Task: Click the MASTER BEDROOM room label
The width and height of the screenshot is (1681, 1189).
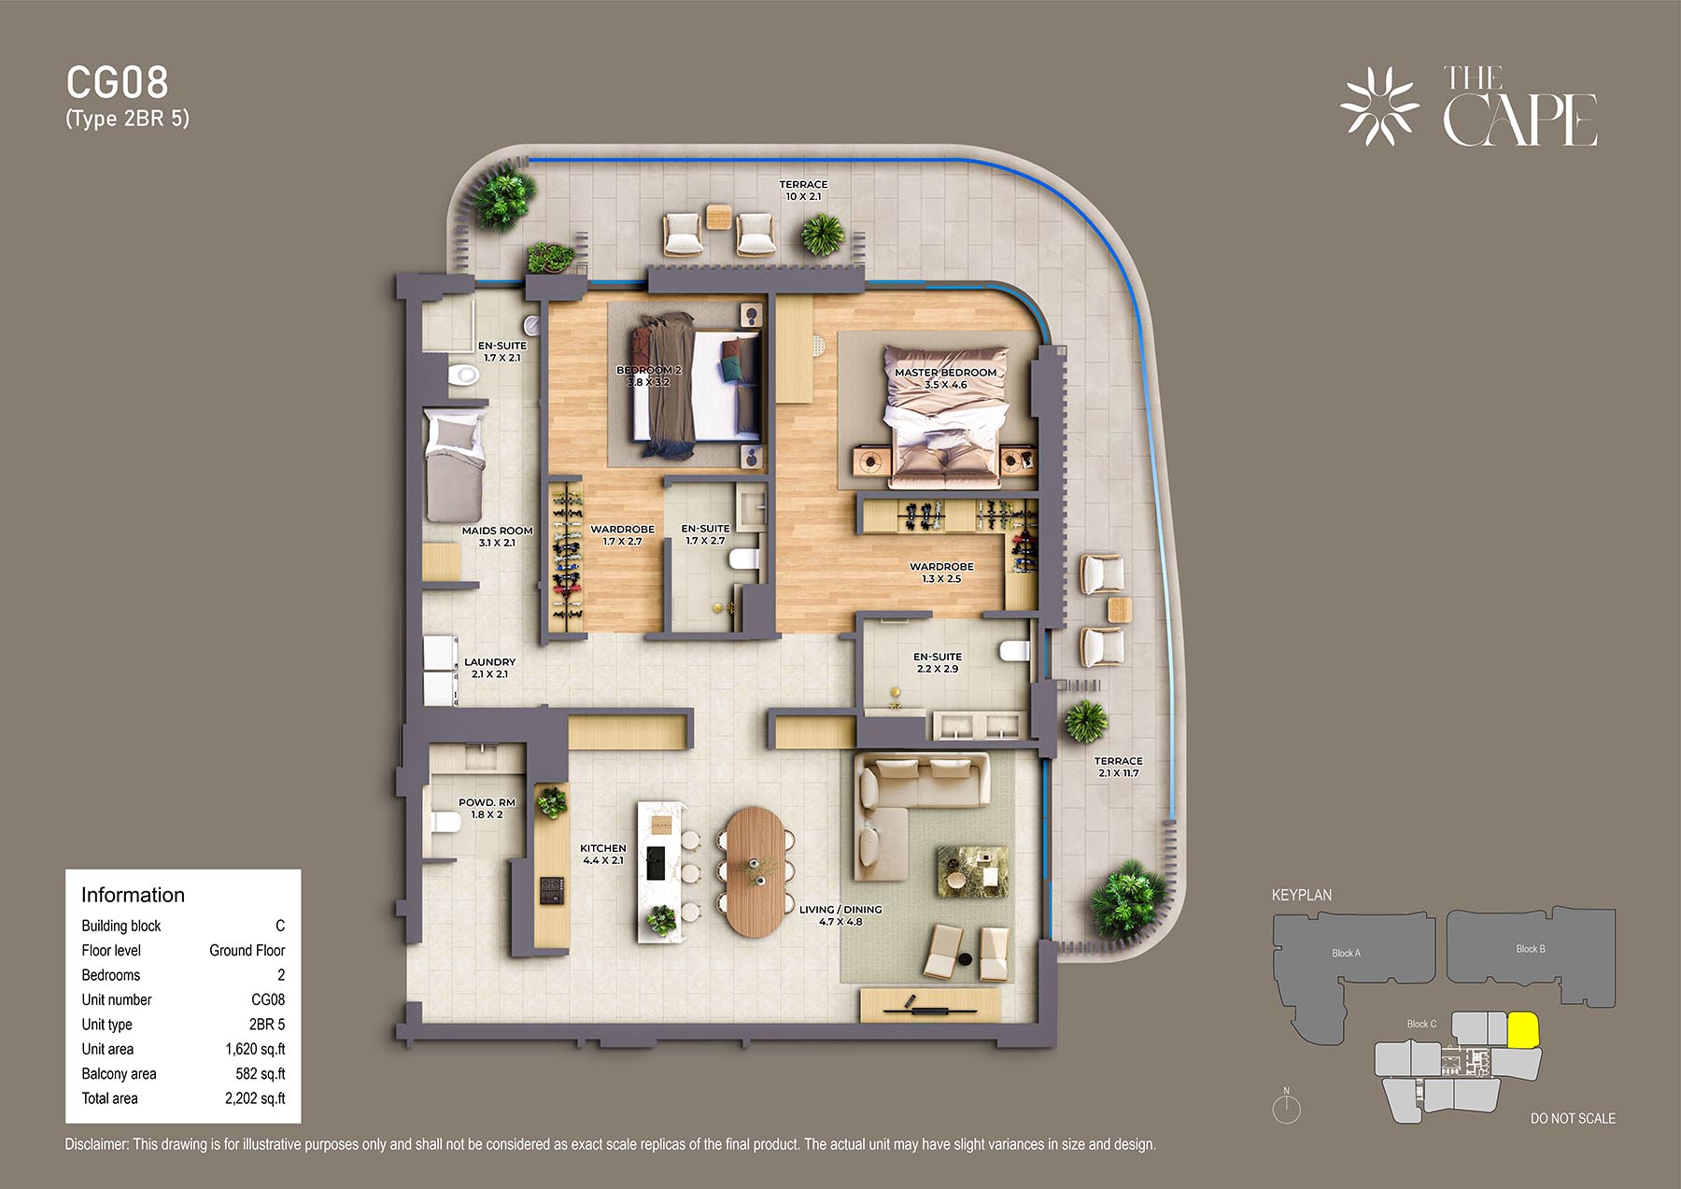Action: (945, 373)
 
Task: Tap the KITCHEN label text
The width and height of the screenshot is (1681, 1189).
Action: (603, 848)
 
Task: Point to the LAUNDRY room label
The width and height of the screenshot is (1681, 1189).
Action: (490, 661)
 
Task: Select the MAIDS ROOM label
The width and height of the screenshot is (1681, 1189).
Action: (497, 531)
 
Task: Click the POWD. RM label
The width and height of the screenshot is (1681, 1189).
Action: (487, 802)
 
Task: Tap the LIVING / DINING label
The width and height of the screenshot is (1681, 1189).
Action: (840, 909)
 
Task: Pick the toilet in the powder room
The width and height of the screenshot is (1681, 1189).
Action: (446, 822)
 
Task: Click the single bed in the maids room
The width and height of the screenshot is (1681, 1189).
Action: (455, 464)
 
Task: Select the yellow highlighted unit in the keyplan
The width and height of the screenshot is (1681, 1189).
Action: (1523, 1030)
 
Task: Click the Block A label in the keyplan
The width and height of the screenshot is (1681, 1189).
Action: (1346, 953)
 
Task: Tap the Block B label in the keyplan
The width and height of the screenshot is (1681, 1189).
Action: (1531, 949)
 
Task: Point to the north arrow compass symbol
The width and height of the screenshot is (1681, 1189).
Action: (1287, 1107)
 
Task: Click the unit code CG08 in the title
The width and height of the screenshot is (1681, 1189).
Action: (118, 82)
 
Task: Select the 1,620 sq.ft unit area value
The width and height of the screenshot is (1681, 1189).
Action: (255, 1049)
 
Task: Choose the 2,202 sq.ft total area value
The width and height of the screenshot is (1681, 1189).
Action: (255, 1098)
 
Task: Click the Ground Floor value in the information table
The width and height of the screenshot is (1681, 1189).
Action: (247, 950)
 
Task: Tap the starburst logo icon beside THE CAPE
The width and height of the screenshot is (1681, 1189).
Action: (1379, 106)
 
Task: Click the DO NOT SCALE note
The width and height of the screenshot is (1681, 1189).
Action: (1573, 1118)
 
